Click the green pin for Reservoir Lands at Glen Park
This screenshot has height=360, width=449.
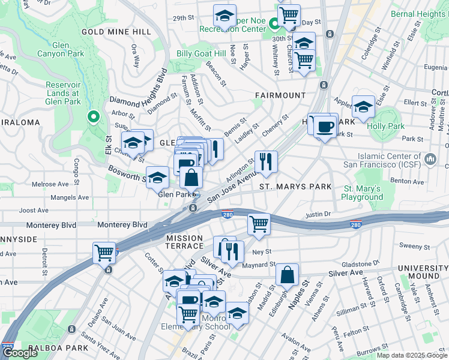point(93,116)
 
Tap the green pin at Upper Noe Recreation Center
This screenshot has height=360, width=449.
point(274,25)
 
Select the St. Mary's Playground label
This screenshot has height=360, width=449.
point(363,193)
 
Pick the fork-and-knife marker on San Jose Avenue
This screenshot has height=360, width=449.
point(265,161)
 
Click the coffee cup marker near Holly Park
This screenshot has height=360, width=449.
point(325,127)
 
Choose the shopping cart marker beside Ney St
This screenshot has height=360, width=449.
point(259,224)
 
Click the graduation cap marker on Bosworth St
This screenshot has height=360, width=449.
point(157,177)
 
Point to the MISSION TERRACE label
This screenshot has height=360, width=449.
point(184,242)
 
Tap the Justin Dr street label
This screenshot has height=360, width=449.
point(318,214)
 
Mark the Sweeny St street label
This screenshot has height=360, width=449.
point(411,246)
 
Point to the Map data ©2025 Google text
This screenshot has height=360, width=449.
point(411,355)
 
